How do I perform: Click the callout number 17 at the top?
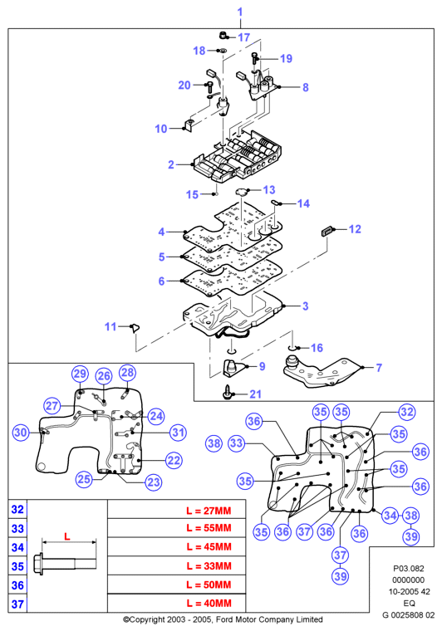(244, 37)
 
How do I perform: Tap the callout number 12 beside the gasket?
(355, 229)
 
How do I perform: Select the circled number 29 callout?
(80, 374)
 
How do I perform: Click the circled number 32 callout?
(407, 412)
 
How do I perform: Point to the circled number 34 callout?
(390, 516)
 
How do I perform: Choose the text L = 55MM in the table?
(209, 528)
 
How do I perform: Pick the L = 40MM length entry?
(209, 604)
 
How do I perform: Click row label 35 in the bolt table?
(17, 566)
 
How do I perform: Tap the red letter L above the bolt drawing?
(66, 536)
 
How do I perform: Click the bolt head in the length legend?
(39, 564)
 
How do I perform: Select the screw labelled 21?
(228, 392)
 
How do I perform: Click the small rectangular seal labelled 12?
(326, 231)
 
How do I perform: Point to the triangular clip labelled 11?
(135, 328)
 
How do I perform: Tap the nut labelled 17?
(223, 36)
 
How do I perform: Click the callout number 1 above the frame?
(240, 12)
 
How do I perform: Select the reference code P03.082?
(409, 569)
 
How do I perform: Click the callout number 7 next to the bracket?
(379, 368)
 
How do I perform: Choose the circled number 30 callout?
(21, 433)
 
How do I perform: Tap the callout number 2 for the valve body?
(171, 164)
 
